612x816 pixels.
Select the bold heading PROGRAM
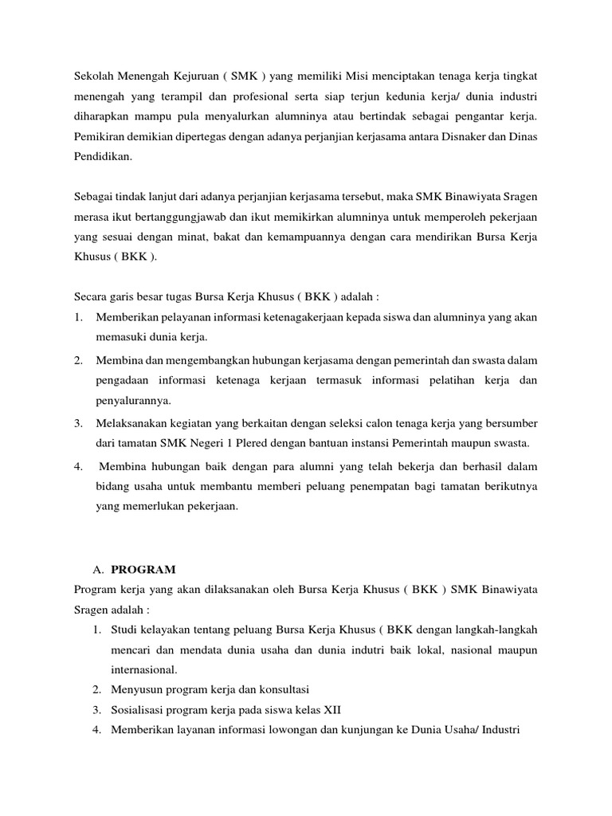pyautogui.click(x=143, y=570)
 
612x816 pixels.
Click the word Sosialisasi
pyautogui.click(x=140, y=708)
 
